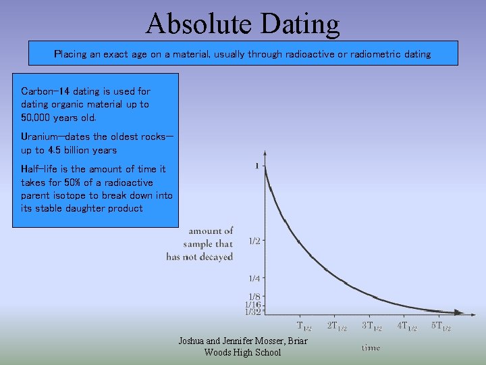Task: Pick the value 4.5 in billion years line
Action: coord(63,150)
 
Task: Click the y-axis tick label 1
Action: coord(256,166)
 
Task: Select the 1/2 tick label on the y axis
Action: coord(254,241)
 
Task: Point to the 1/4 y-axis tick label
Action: coord(254,278)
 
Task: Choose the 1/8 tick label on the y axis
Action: coord(254,296)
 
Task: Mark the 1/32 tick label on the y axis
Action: coord(252,312)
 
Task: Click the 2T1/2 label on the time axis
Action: coord(337,327)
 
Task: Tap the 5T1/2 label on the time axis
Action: coord(441,326)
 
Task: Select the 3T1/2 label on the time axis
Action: coord(372,327)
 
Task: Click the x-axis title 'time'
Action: coord(371,347)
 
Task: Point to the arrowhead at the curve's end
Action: coord(458,312)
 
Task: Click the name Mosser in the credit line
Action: coord(269,341)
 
